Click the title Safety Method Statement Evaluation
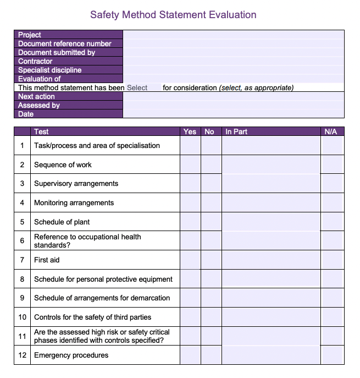tap(173, 15)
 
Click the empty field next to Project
tap(234, 35)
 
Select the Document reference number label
tap(64, 43)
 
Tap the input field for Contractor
tap(234, 61)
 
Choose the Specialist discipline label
tap(49, 70)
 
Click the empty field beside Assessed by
tap(234, 105)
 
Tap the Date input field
tap(234, 114)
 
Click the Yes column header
tap(190, 132)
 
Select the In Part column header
tap(236, 132)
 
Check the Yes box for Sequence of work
tap(190, 165)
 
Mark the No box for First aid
tap(211, 260)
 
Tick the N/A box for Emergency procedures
tap(331, 355)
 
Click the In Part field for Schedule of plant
tap(270, 222)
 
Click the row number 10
tap(23, 317)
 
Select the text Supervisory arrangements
tap(76, 184)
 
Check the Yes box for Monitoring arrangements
tap(190, 202)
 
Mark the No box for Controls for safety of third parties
tap(211, 317)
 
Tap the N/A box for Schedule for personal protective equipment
tap(331, 279)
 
